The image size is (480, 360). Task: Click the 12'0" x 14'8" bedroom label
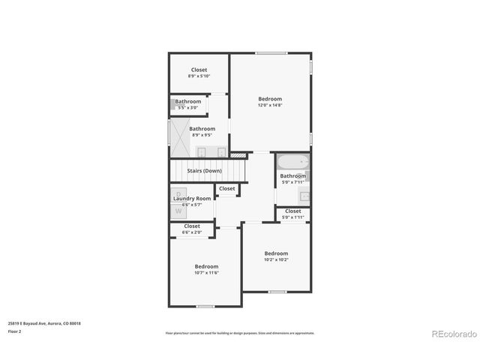click(x=270, y=99)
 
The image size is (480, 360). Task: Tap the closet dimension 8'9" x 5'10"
click(x=199, y=76)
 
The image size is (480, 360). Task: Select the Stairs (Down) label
click(x=204, y=171)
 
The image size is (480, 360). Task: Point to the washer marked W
click(x=178, y=211)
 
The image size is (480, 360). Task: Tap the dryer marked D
click(x=178, y=194)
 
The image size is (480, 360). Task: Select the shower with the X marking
click(x=181, y=134)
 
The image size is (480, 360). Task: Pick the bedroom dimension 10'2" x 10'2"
click(x=276, y=259)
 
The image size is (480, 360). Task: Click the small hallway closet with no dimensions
click(x=226, y=189)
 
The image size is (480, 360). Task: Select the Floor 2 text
click(x=15, y=331)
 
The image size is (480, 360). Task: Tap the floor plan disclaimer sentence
click(x=240, y=332)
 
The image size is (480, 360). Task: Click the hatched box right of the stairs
click(x=238, y=156)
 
